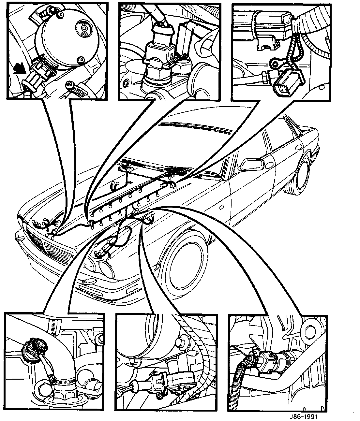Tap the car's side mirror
pos(252,164)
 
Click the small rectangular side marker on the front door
pos(221,207)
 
